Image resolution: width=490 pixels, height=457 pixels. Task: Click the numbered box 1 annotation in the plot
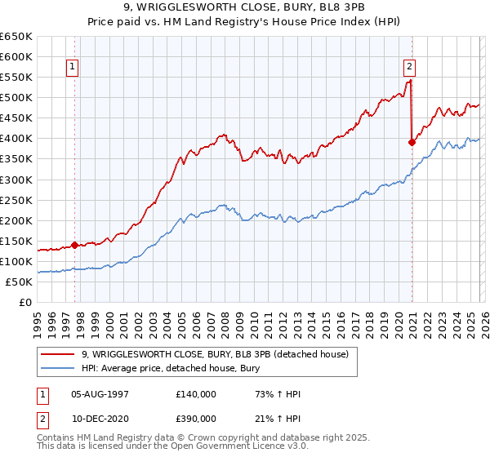click(x=73, y=68)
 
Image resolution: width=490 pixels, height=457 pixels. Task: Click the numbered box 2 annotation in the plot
click(x=408, y=68)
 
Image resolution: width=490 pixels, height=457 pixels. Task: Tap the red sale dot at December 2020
click(x=412, y=142)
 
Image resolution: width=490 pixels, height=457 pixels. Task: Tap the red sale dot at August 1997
click(x=74, y=244)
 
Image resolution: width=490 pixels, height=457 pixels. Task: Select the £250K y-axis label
click(x=16, y=200)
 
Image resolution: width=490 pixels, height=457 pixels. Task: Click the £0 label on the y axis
click(x=26, y=302)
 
